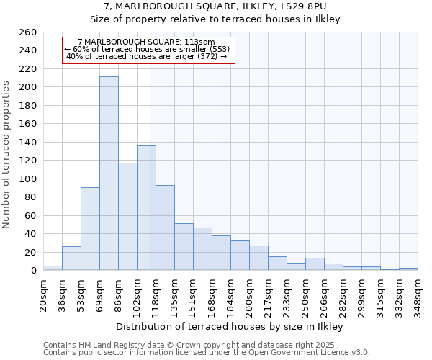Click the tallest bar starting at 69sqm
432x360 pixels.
coord(109,173)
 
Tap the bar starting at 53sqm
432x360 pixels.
coord(90,228)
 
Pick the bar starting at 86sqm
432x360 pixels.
coord(127,216)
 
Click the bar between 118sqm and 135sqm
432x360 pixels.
coord(165,228)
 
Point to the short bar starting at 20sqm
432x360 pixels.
coord(53,268)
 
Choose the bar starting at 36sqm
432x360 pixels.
coord(71,258)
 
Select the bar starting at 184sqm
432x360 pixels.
coord(240,255)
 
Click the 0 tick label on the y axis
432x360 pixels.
coord(33,271)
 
